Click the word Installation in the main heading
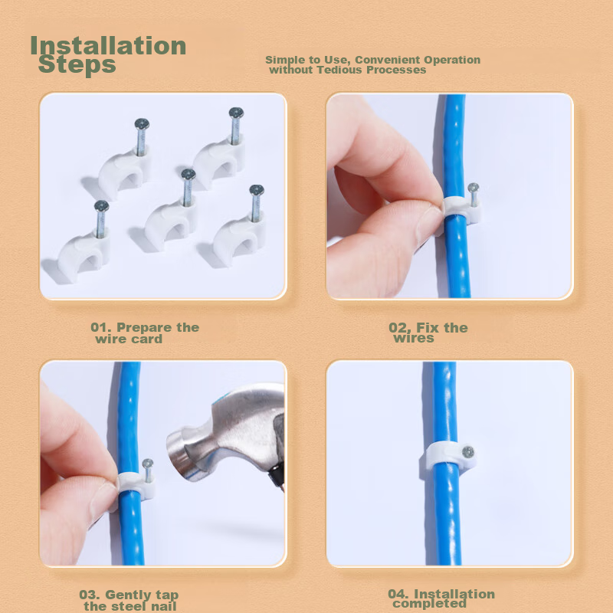point(108,45)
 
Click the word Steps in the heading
point(77,64)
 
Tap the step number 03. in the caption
point(90,595)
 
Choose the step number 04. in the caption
point(398,594)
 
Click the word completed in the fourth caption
point(429,604)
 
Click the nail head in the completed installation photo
point(467,453)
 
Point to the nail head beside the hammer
point(148,464)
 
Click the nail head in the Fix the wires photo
point(473,188)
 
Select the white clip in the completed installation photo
point(450,455)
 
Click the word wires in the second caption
point(414,338)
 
